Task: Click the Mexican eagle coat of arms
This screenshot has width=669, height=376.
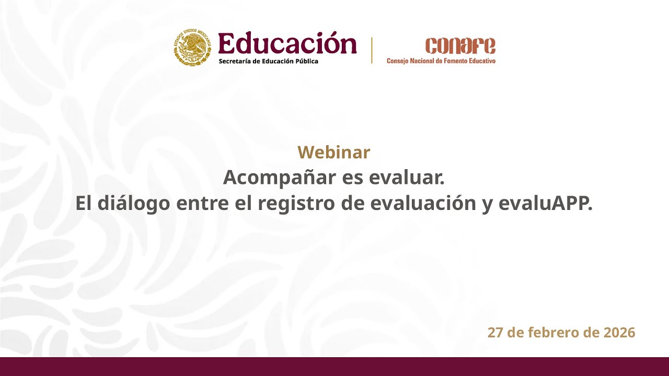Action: (193, 48)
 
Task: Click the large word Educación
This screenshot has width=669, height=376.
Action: (287, 43)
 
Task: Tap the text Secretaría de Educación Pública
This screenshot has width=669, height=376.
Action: (268, 61)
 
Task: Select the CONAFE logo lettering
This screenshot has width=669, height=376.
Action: (460, 46)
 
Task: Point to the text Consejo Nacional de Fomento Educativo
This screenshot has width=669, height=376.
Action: (441, 61)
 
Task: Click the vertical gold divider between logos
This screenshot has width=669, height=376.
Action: (372, 50)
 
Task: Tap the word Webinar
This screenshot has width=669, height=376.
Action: (333, 152)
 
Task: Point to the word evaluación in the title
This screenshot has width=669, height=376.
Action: (422, 203)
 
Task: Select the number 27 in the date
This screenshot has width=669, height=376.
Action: (495, 332)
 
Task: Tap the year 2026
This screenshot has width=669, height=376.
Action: (619, 332)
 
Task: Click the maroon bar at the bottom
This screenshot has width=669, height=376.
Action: (334, 367)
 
